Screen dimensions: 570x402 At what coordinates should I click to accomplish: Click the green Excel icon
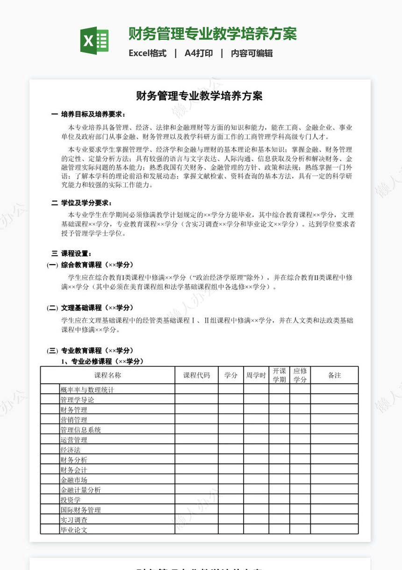[94, 41]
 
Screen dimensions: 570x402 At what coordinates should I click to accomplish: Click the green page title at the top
[213, 34]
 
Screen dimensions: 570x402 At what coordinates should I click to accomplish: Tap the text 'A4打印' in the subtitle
[199, 53]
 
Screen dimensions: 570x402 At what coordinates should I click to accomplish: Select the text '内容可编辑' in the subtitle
[251, 53]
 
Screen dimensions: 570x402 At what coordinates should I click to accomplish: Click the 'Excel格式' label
[147, 53]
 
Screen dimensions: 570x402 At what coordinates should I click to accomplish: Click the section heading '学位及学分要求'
[86, 203]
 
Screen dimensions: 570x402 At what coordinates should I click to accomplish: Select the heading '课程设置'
[76, 253]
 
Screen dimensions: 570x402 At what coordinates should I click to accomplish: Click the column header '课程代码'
[196, 375]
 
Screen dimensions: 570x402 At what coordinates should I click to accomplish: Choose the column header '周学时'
[256, 375]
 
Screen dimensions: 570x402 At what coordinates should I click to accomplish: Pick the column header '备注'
[334, 375]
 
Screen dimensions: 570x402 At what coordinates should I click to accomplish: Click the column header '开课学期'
[279, 375]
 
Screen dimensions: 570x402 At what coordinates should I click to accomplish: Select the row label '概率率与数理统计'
[87, 390]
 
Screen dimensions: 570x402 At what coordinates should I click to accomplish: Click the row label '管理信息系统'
[80, 430]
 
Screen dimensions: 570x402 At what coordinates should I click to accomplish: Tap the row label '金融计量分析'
[80, 490]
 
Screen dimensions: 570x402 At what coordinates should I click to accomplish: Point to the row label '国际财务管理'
[80, 510]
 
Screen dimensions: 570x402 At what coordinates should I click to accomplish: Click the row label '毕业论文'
[74, 530]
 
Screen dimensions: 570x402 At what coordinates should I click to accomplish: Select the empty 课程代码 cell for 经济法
[196, 449]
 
